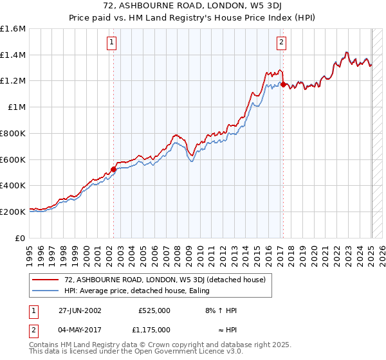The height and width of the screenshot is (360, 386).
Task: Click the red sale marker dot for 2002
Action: pyautogui.click(x=114, y=169)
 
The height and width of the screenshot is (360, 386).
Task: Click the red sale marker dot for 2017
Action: pyautogui.click(x=283, y=84)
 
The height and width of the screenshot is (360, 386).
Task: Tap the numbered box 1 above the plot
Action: pyautogui.click(x=112, y=43)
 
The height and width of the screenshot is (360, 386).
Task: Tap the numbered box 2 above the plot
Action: pyautogui.click(x=281, y=43)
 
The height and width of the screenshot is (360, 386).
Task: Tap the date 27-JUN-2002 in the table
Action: pyautogui.click(x=80, y=310)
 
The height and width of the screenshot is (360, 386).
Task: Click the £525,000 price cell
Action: pyautogui.click(x=154, y=310)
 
